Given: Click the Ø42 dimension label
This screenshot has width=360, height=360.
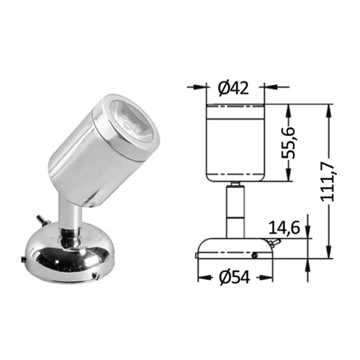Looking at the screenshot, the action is pos(233,88).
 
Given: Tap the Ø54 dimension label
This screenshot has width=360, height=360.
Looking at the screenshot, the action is pos(235,277).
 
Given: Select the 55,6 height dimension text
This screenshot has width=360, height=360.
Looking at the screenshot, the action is pos(288,142).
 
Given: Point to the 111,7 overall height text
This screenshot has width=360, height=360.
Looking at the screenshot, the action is pos(328,183).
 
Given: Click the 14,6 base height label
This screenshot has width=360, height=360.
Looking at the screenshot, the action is pos(284,228).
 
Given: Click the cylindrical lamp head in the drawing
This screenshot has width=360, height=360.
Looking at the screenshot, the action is pos(235,143).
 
